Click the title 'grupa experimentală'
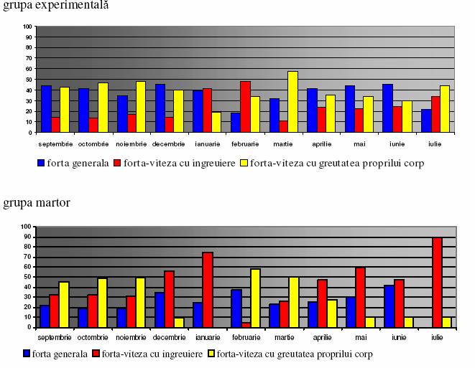click(55, 5)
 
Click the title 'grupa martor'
click(37, 203)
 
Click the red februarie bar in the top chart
click(245, 107)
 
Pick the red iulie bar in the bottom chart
click(437, 282)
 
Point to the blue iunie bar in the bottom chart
click(389, 306)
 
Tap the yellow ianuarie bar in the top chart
click(216, 122)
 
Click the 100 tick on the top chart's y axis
click(28, 27)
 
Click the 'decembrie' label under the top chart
click(169, 143)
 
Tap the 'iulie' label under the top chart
click(435, 143)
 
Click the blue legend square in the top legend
click(42, 163)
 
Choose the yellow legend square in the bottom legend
click(212, 353)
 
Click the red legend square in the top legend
click(117, 163)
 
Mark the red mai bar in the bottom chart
click(361, 297)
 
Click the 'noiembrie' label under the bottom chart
click(130, 336)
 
